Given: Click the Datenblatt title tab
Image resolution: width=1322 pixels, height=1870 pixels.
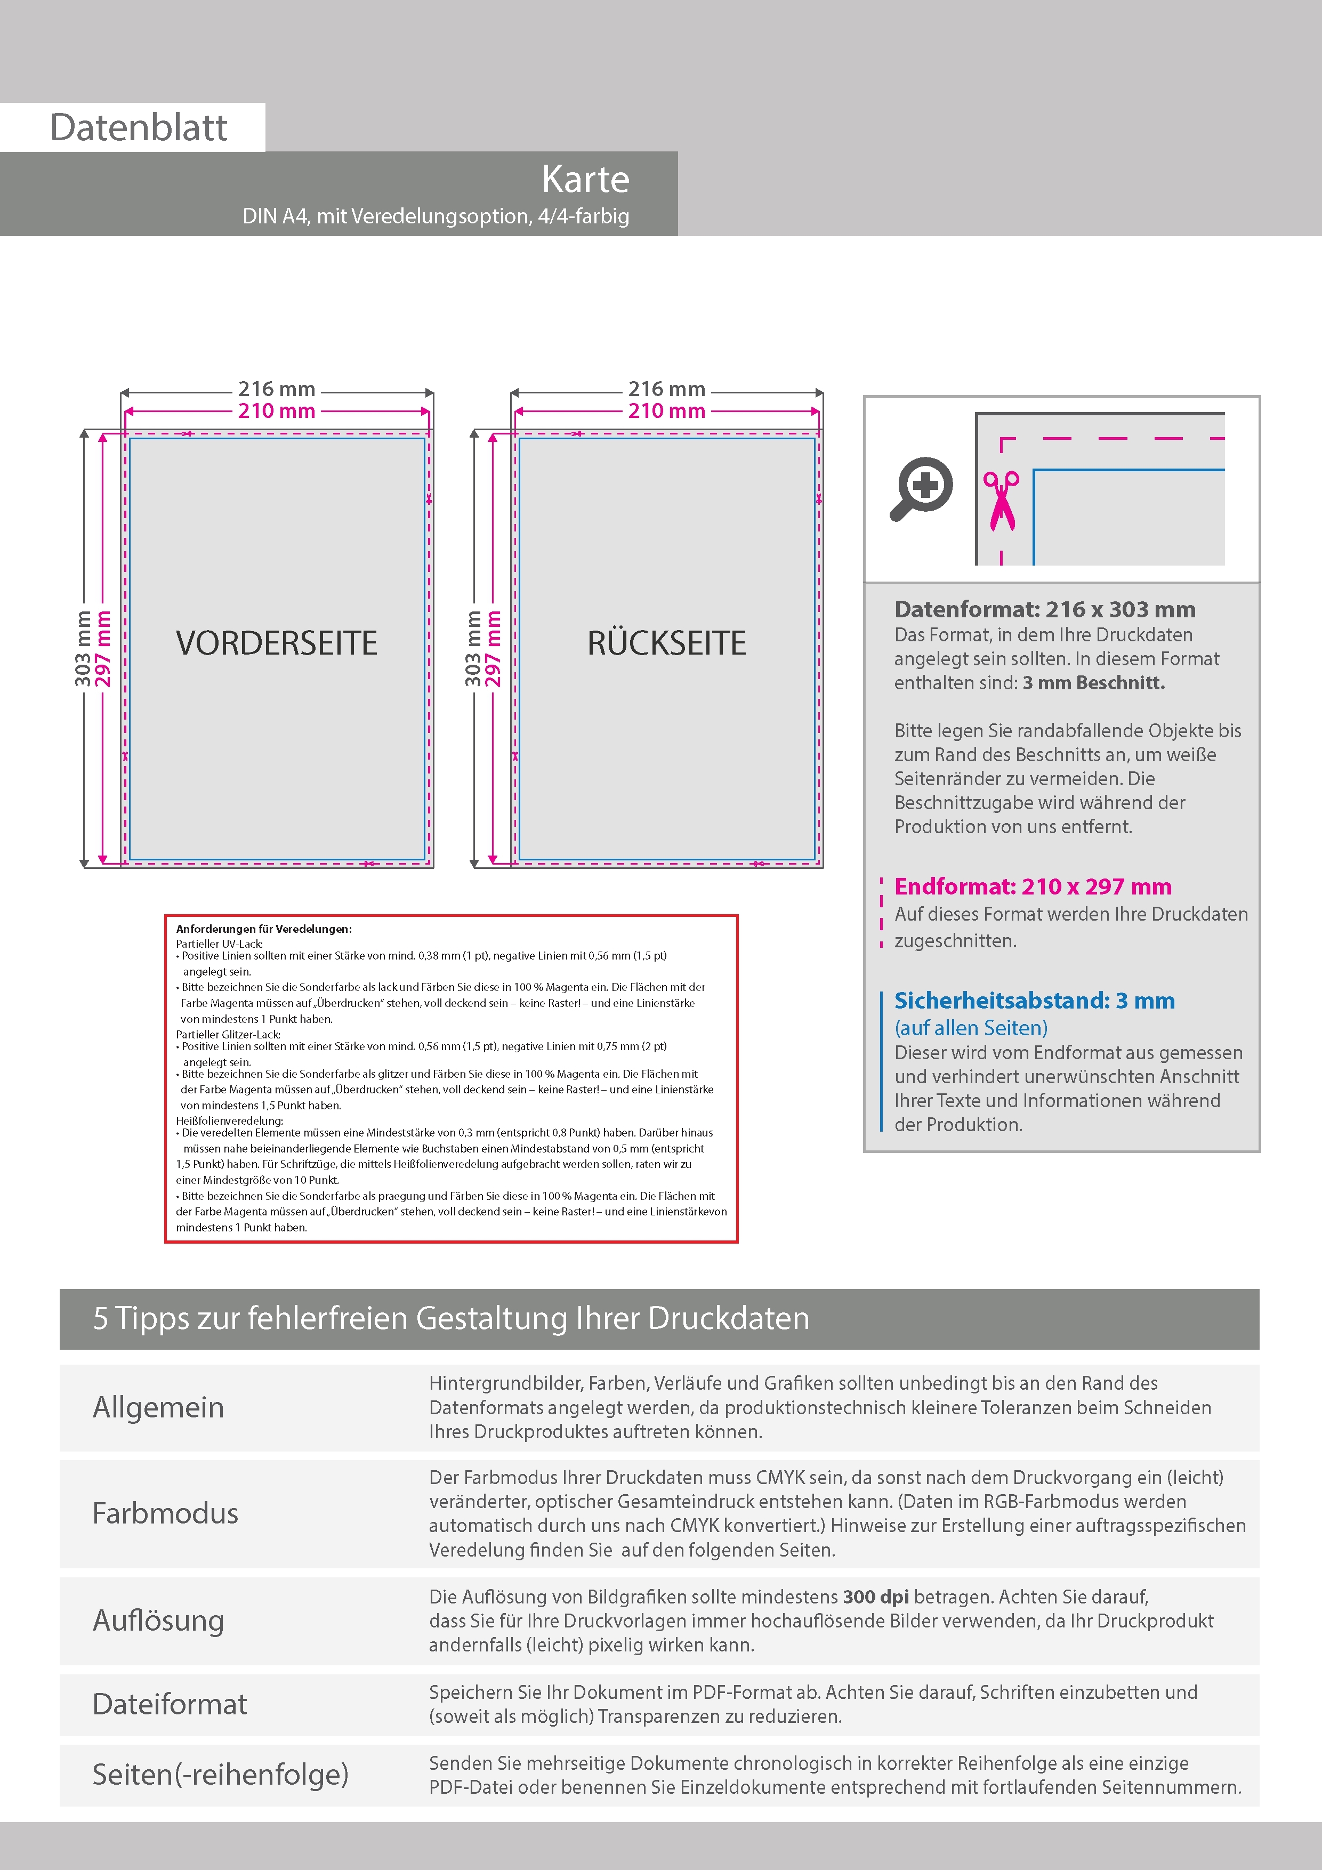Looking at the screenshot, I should (139, 127).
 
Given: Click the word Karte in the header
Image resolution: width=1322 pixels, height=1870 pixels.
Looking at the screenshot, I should (585, 179).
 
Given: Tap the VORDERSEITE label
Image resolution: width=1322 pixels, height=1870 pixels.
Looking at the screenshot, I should (277, 642).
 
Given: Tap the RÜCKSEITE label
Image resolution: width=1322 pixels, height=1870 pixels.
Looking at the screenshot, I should (666, 642).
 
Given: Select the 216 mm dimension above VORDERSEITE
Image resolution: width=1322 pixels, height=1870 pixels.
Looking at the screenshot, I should (276, 389).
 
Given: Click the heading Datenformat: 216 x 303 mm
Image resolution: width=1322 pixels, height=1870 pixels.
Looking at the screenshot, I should (1044, 609).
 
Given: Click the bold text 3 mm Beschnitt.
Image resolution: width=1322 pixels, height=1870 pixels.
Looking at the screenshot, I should (1094, 682).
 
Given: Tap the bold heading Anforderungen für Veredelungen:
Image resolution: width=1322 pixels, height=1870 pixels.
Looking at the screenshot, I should (264, 929).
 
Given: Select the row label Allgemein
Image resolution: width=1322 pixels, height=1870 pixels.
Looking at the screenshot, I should (158, 1407).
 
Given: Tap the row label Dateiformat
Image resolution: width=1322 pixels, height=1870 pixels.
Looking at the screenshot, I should (170, 1703).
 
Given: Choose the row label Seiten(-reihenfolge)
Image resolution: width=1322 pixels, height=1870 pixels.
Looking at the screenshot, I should (220, 1774).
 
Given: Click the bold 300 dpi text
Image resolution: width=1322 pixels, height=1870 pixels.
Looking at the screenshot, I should (876, 1597).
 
